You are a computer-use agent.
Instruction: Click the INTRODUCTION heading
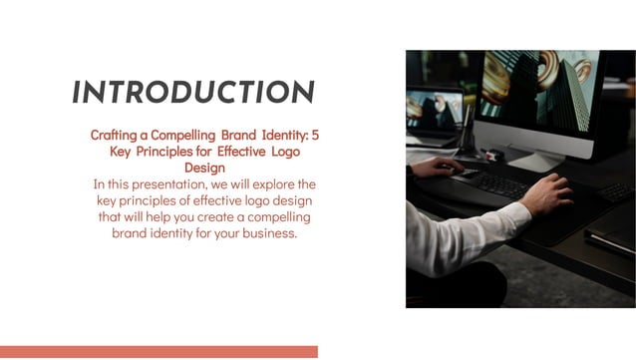pyautogui.click(x=193, y=93)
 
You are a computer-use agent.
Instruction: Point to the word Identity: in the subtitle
pyautogui.click(x=279, y=134)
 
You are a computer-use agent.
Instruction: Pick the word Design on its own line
pyautogui.click(x=204, y=168)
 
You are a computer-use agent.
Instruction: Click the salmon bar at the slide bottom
pyautogui.click(x=159, y=352)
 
